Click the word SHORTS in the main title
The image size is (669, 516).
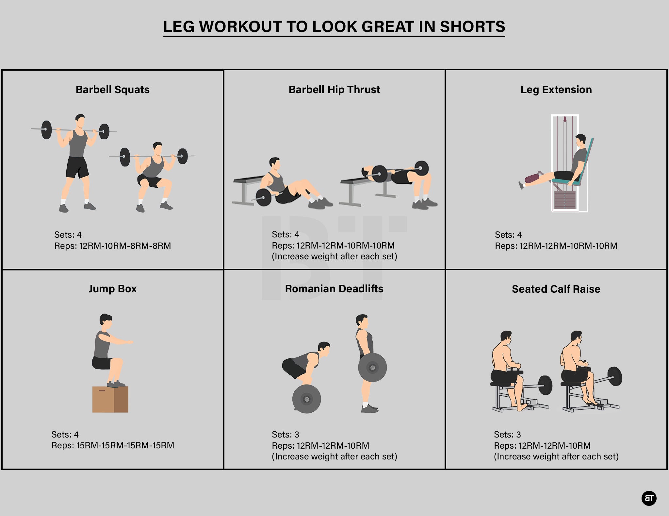click(472, 26)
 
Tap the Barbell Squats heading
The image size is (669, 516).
click(112, 90)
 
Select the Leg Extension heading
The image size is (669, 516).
click(556, 90)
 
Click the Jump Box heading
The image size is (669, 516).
click(112, 289)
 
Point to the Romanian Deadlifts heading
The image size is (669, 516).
click(334, 289)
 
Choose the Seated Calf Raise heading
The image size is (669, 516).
click(556, 289)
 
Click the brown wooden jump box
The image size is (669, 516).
click(110, 399)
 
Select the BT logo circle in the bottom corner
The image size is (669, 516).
click(649, 498)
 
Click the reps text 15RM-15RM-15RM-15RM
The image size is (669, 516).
click(125, 445)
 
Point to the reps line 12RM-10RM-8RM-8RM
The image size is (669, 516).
click(125, 246)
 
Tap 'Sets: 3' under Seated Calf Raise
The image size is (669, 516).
click(507, 435)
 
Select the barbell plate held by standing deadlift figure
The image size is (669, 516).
click(372, 368)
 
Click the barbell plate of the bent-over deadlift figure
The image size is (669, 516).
click(306, 399)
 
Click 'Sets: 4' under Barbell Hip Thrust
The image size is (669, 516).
click(285, 234)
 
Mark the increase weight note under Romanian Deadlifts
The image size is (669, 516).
click(334, 456)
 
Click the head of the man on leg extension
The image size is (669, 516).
click(581, 141)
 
